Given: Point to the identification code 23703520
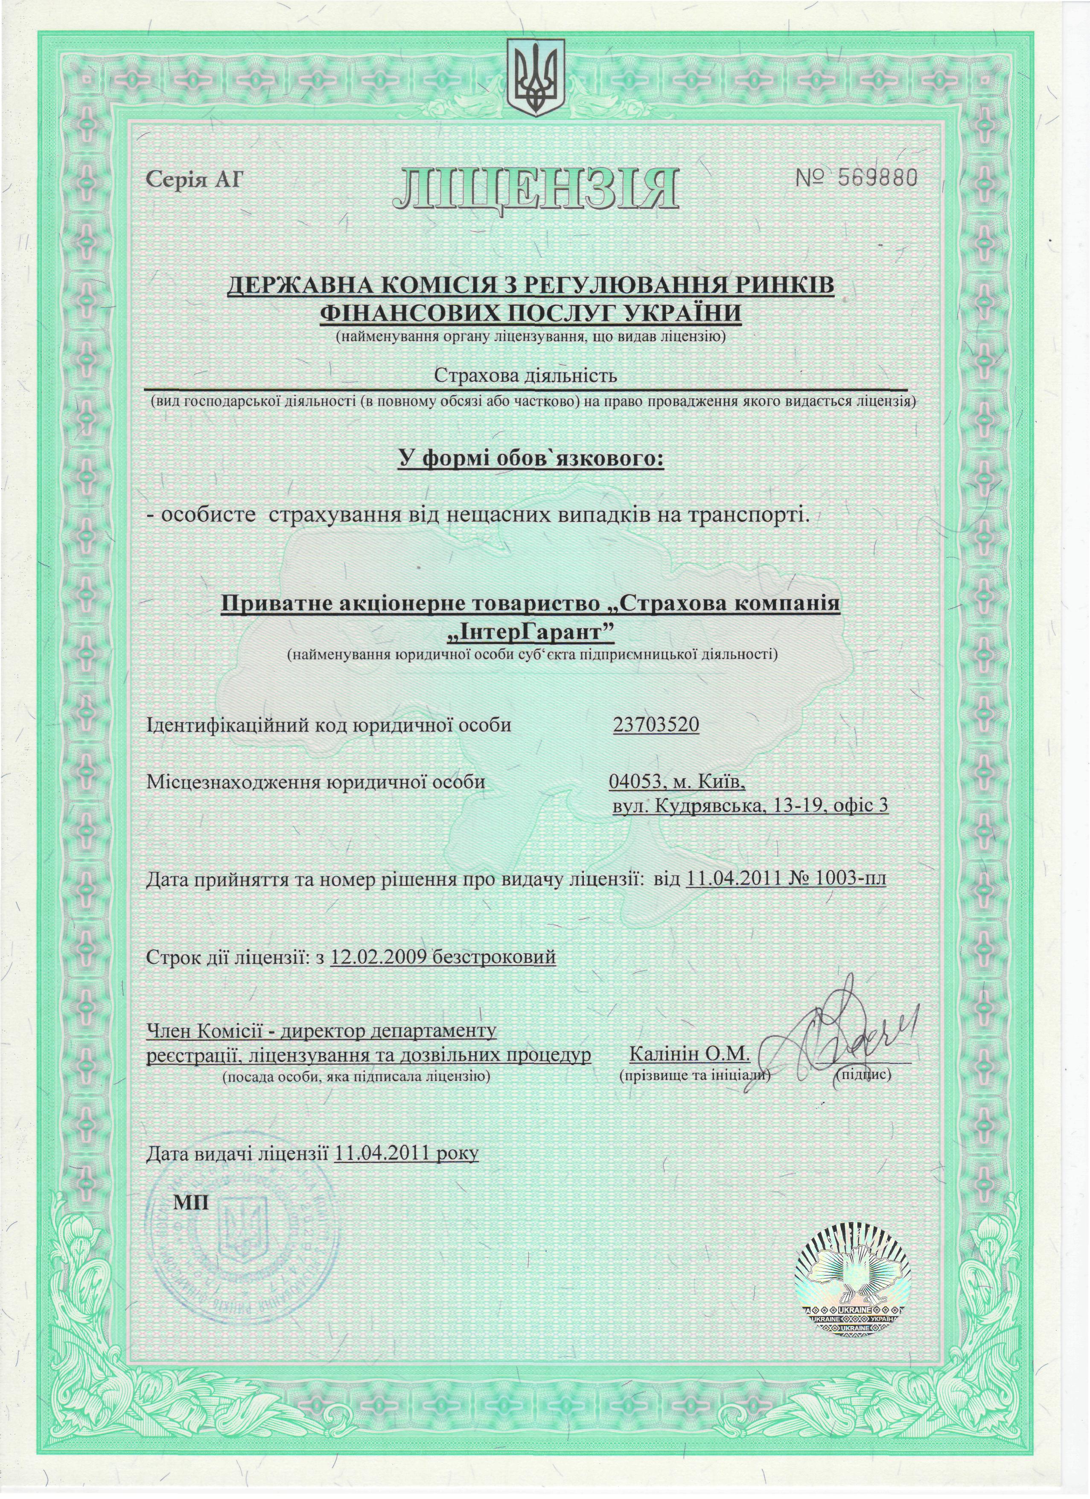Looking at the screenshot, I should click(x=655, y=725).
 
